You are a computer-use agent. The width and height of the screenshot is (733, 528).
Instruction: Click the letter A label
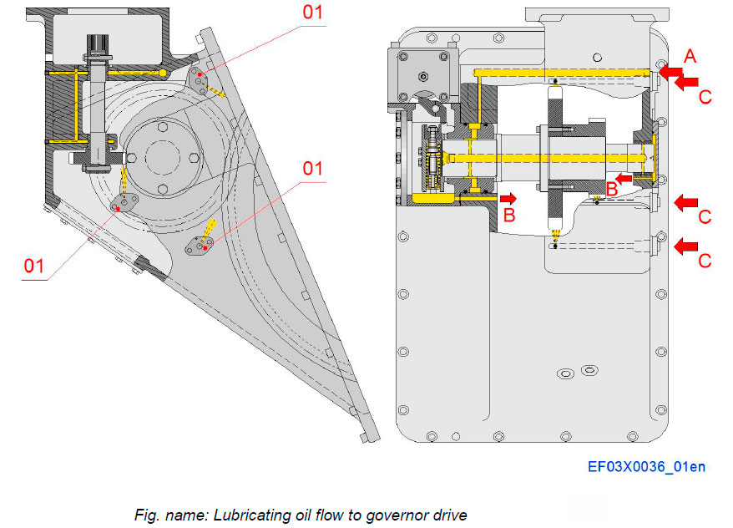pos(689,56)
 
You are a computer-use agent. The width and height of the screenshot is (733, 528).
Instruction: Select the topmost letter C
pos(705,97)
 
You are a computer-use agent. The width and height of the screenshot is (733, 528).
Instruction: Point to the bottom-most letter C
pos(705,261)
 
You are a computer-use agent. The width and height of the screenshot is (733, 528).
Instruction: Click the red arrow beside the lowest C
pos(686,246)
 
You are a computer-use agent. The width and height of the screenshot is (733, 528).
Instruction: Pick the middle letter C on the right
pos(705,217)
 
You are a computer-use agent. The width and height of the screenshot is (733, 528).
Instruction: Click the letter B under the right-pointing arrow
pos(509,216)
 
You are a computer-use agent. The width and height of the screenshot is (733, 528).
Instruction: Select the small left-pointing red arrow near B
pos(624,177)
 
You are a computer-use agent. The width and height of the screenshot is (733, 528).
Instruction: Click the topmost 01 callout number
pos(311,13)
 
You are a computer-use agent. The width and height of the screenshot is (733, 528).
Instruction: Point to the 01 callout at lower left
pos(33,266)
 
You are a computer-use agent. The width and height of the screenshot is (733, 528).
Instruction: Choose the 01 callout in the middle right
pos(311,168)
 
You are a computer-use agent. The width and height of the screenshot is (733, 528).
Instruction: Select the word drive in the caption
pos(458,515)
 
